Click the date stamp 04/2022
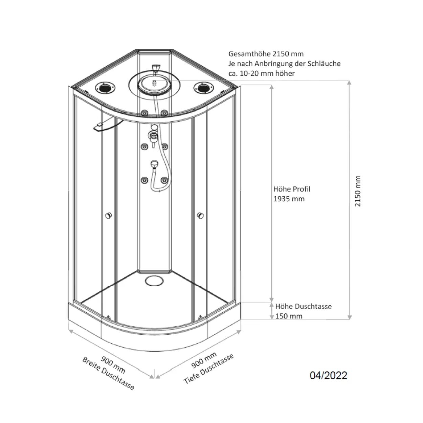tap(328, 375)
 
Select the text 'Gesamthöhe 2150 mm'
tap(266, 54)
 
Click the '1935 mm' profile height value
tap(289, 199)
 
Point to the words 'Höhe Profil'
tap(292, 189)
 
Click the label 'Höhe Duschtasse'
tap(303, 306)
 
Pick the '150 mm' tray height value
tap(289, 316)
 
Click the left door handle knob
tap(108, 216)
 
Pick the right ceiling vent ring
tap(203, 88)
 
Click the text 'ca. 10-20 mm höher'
tap(262, 73)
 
